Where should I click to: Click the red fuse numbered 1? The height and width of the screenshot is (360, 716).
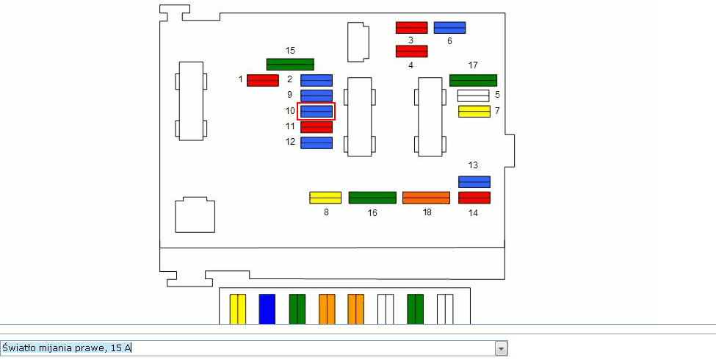(262, 80)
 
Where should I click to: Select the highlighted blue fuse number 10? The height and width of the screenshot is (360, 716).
(317, 111)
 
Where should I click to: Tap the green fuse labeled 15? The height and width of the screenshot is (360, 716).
(290, 64)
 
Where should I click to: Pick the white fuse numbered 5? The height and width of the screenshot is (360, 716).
(473, 96)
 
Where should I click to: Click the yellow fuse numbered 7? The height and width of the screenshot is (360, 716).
(474, 112)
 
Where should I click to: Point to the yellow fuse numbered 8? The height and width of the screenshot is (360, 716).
(325, 197)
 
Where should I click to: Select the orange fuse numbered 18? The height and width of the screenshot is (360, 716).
(426, 198)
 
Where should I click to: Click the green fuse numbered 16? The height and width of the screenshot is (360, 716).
(372, 197)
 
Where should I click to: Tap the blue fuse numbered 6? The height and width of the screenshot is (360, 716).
(449, 28)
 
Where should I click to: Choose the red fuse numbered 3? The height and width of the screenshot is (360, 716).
(411, 28)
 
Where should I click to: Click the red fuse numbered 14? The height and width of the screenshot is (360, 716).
(474, 197)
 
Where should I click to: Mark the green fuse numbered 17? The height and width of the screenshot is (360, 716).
(473, 80)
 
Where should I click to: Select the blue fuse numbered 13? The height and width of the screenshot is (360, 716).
(474, 181)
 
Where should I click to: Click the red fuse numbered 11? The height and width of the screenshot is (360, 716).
(317, 126)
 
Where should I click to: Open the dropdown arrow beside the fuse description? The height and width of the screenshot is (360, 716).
(501, 348)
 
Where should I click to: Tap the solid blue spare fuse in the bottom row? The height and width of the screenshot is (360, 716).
(267, 309)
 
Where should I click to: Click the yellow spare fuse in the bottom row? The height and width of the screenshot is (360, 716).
(238, 309)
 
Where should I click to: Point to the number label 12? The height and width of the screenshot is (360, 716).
(290, 142)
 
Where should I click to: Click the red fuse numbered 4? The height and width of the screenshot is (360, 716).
(411, 51)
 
